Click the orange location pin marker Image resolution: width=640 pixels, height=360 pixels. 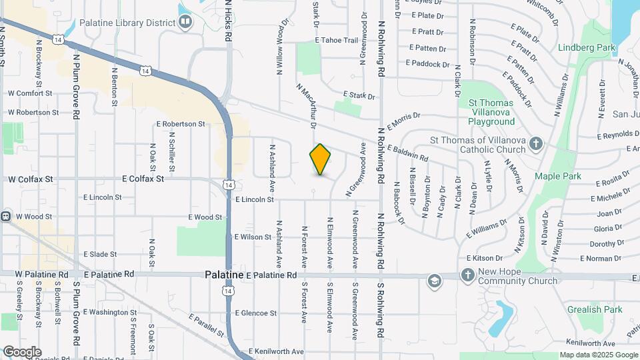tap(320, 159)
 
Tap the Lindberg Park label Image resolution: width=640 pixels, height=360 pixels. tap(586, 48)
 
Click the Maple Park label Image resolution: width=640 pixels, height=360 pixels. tap(557, 177)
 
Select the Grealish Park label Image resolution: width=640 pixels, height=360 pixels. tap(595, 309)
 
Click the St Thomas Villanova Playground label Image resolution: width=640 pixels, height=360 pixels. tap(491, 112)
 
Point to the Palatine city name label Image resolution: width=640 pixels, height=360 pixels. tap(223, 275)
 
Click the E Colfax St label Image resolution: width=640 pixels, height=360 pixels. tap(143, 179)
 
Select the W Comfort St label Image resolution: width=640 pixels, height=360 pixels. tap(30, 93)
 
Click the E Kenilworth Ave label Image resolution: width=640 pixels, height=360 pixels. tap(276, 351)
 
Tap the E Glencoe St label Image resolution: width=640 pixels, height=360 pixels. tap(255, 313)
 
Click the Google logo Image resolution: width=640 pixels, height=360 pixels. tap(22, 352)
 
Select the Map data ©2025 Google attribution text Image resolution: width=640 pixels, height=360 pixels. tap(598, 355)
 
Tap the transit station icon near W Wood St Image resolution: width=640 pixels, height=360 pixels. tap(5, 216)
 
